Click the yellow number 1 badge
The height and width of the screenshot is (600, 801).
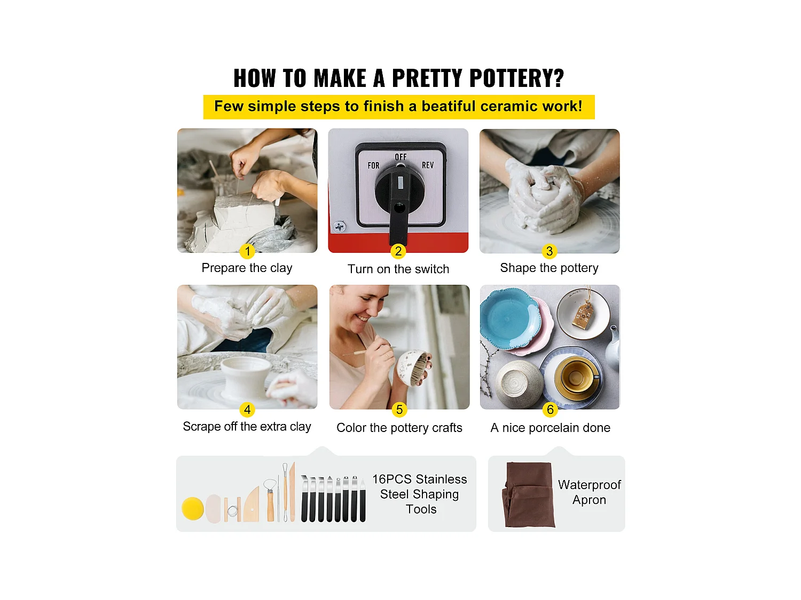(x=247, y=251)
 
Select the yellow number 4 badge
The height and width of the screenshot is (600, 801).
(x=247, y=410)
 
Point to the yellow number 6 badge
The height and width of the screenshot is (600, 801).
(x=549, y=410)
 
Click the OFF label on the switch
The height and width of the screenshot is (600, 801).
(x=400, y=157)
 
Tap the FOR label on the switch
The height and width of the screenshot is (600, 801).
(x=373, y=166)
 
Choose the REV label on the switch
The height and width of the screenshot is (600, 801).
(x=428, y=165)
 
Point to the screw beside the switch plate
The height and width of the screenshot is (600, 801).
(x=340, y=227)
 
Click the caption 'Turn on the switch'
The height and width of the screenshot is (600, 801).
(x=398, y=269)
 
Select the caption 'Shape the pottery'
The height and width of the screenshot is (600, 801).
(x=549, y=268)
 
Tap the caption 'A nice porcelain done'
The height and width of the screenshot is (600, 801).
(x=551, y=427)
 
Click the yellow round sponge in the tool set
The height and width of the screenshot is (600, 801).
(x=193, y=509)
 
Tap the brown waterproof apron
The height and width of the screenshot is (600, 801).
(x=529, y=494)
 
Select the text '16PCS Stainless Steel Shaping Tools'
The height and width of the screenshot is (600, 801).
(x=420, y=494)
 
